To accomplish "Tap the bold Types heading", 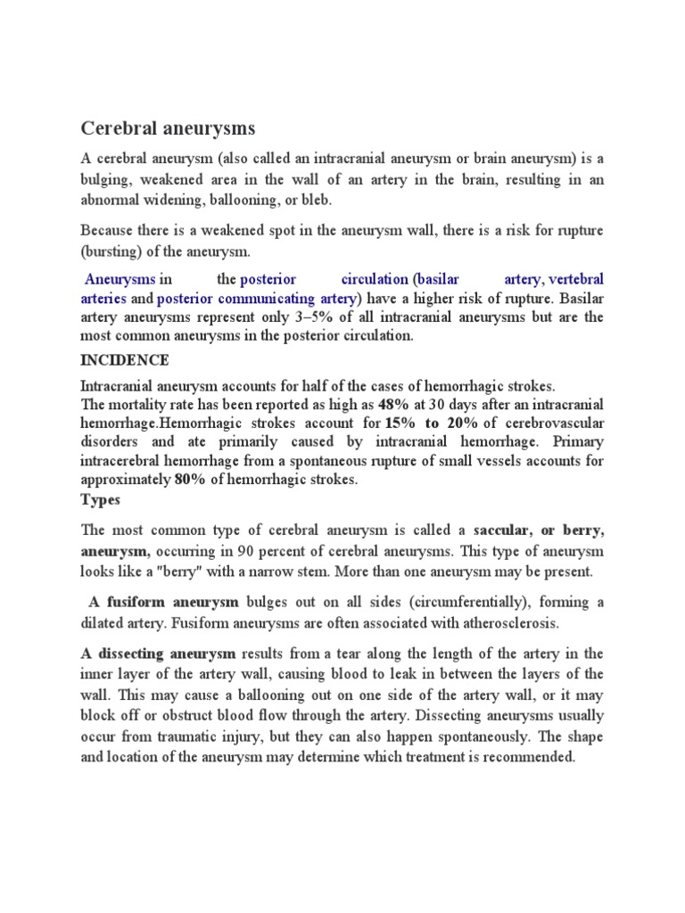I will (100, 499).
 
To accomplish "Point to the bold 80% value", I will (190, 480).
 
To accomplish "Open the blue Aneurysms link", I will (120, 279).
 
